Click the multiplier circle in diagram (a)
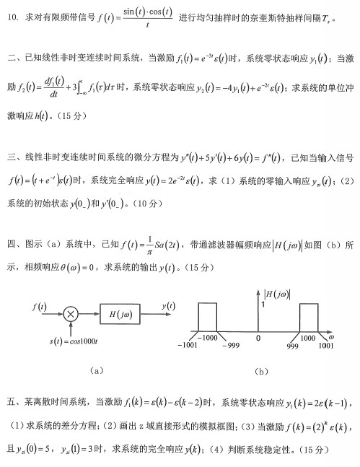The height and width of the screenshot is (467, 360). [71, 314]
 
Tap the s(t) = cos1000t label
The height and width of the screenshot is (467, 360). [70, 339]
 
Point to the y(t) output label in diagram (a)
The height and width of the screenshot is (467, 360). [167, 306]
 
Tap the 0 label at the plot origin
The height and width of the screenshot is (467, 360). [258, 337]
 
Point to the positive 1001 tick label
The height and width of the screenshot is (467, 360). [327, 346]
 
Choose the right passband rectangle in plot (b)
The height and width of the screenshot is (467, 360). [309, 317]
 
